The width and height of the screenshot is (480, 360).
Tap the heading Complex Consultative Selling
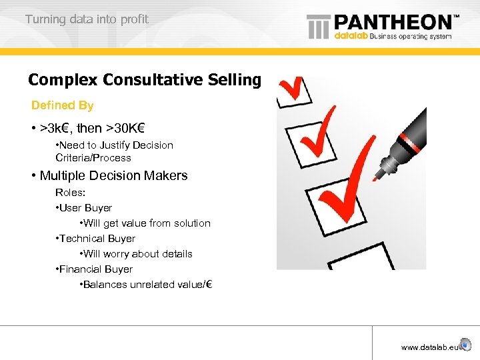pos(145,80)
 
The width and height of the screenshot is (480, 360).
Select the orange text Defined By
pos(63,105)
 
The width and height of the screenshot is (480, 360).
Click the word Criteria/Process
pos(93,158)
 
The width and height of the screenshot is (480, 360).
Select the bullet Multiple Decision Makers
pos(113,176)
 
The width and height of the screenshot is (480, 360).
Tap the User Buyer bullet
pos(86,208)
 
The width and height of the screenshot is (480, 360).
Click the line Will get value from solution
pos(147,223)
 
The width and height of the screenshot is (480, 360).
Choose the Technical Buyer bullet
pos(97,239)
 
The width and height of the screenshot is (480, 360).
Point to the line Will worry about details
pos(138,254)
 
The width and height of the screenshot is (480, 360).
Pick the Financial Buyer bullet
pos(96,269)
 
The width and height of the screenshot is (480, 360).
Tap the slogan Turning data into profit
pos(87,19)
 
